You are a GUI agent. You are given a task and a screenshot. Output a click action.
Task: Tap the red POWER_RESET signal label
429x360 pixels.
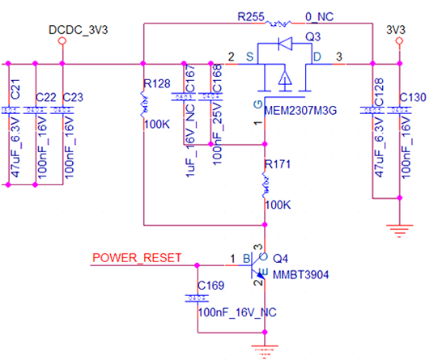coord(131,259)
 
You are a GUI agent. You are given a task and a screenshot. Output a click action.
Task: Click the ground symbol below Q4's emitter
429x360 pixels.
coord(261,349)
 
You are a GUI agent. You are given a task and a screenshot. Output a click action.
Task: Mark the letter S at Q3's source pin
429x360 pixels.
coord(250,57)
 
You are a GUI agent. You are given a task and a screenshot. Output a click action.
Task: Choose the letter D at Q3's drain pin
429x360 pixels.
coord(316,57)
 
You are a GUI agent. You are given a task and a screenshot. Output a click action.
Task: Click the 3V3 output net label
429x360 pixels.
coord(396,30)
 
